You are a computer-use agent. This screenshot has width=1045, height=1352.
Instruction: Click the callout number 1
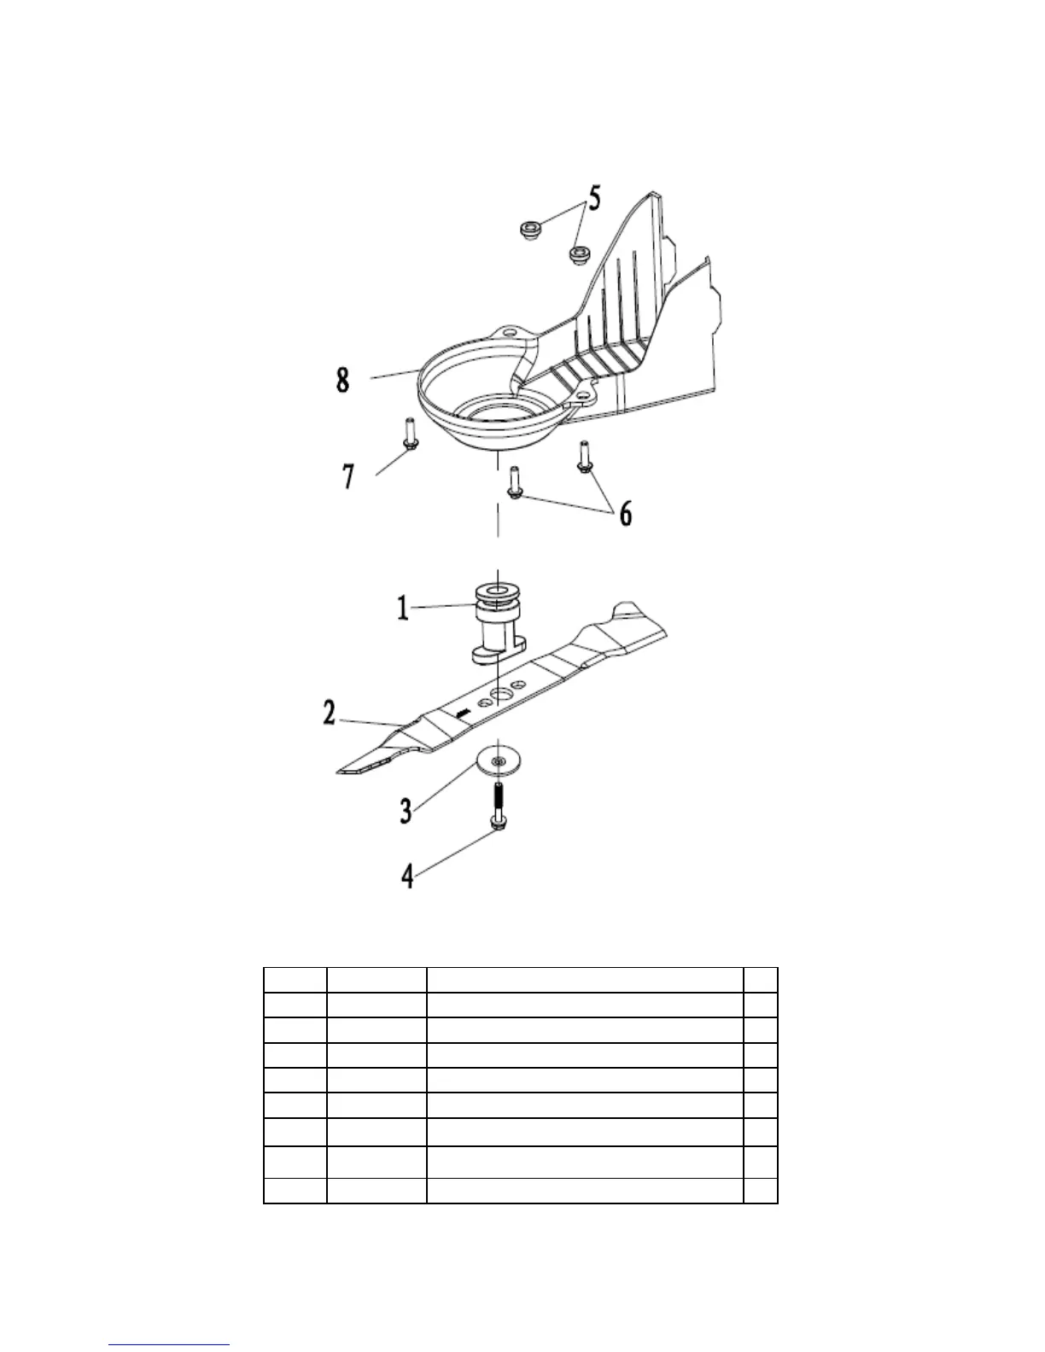402,609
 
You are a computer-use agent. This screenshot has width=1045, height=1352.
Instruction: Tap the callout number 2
330,713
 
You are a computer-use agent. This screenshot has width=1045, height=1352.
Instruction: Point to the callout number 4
408,876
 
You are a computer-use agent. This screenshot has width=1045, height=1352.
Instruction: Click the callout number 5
594,199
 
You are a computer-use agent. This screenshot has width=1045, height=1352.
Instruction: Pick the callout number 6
625,513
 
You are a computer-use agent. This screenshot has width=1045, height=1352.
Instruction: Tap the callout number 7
348,477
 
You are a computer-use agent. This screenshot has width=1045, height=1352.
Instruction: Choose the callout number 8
342,379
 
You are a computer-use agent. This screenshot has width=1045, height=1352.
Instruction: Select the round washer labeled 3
499,759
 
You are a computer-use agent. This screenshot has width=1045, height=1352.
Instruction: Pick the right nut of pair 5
581,253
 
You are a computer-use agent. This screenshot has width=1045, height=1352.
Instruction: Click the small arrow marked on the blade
462,711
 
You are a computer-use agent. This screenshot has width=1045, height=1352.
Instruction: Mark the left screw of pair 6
515,482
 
